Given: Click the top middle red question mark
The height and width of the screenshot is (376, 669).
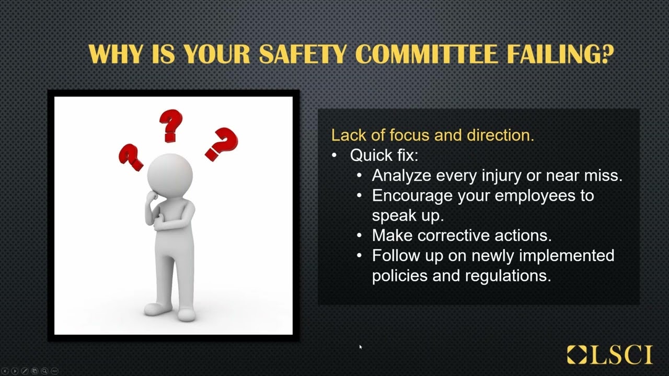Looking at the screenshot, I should click(x=170, y=125).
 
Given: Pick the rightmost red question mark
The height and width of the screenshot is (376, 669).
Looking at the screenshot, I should click(x=222, y=144).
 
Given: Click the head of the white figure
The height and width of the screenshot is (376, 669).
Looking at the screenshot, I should click(x=169, y=173).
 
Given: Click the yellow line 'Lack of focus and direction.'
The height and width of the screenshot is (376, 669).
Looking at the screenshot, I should click(x=432, y=135).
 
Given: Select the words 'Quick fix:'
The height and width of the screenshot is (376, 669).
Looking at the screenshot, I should click(x=384, y=155).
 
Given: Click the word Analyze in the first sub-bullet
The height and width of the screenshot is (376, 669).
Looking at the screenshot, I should click(x=401, y=175).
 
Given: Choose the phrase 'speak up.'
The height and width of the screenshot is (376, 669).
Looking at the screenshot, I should click(x=408, y=215).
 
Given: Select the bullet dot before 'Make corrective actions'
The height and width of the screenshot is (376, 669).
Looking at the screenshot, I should click(x=359, y=236).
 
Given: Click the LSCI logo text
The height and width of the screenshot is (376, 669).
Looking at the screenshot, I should click(x=622, y=355).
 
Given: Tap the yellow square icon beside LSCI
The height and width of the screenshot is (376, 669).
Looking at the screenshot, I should click(x=577, y=355).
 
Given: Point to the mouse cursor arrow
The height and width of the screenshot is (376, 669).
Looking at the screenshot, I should click(x=361, y=347).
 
